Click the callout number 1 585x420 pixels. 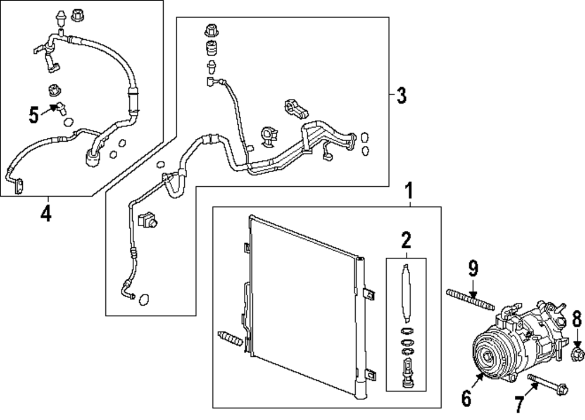409,190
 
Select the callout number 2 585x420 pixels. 406,240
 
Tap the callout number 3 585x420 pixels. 401,95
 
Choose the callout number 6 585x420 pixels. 466,398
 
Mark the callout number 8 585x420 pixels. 577,320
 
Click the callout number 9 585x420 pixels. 473,269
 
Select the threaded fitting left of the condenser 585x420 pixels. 230,339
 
